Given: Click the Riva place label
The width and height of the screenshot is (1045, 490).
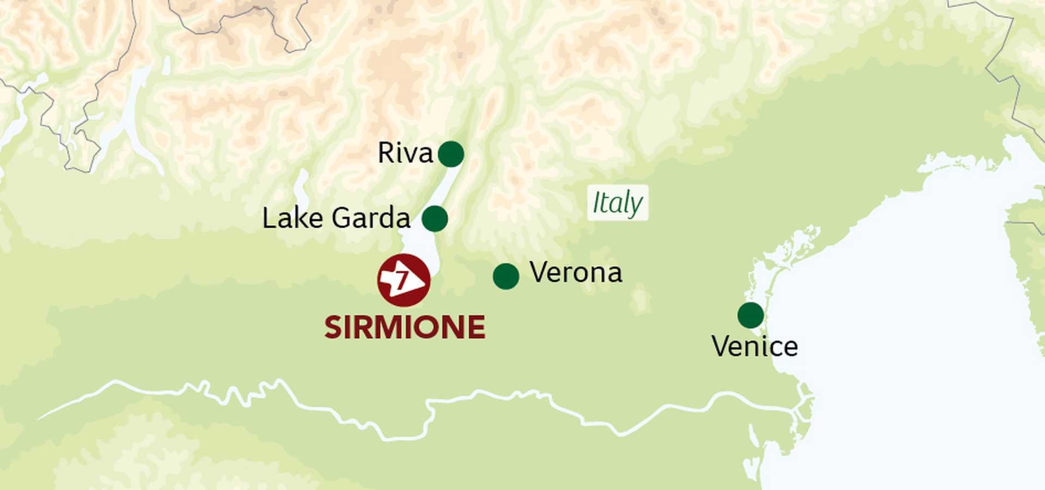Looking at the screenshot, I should point(405,153).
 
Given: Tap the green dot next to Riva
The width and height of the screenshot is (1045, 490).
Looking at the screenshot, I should point(451,154).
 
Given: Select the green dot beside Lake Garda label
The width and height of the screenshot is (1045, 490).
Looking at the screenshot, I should point(434,219).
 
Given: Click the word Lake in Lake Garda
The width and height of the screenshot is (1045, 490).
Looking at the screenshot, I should point(292,218).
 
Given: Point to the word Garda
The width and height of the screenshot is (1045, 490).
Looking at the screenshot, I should point(371,218).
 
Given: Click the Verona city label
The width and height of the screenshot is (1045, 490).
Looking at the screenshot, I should point(576,272).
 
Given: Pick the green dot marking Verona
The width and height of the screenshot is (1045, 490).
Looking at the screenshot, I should point(506,277).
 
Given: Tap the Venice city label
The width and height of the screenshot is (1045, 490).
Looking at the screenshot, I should point(754,347).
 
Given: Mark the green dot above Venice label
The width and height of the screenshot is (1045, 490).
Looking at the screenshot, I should point(751,315).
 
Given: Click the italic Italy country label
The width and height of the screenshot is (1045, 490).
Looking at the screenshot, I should point(617,203).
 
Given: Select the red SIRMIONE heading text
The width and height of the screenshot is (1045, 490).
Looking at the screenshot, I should point(404,327).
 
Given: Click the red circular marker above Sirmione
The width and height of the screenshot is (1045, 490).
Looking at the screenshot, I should point(404,280).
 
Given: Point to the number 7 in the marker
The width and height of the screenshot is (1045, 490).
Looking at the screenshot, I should point(402,280).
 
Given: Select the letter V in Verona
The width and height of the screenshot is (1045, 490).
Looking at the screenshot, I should point(538,272).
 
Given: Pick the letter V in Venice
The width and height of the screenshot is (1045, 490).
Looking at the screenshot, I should point(720,347).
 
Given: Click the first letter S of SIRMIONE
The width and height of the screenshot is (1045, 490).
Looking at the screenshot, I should point(333,327).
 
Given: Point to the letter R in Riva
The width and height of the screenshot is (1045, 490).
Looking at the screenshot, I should point(385,153).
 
